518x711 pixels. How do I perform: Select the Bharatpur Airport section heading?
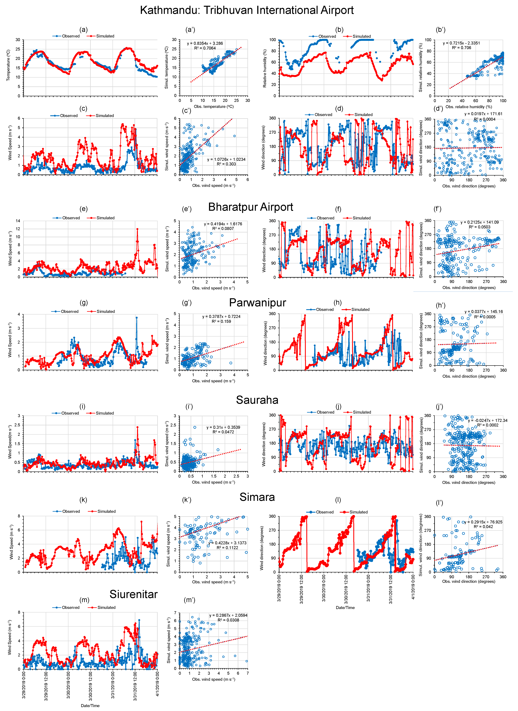251,207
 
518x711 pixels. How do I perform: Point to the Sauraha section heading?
257,400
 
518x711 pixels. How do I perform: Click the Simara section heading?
257,497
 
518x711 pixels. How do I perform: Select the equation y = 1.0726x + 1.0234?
226,159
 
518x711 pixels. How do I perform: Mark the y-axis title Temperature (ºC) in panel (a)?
8,65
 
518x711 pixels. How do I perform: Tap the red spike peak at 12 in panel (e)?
137,229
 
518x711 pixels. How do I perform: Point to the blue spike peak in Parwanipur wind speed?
136,318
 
